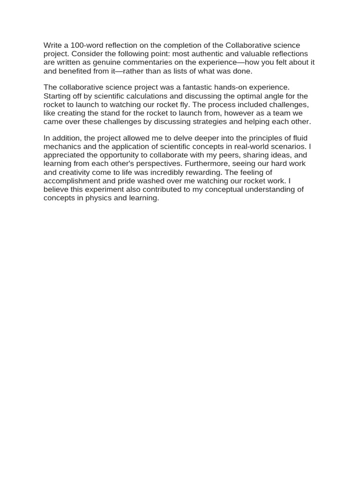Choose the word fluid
pyautogui.click(x=297, y=138)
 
